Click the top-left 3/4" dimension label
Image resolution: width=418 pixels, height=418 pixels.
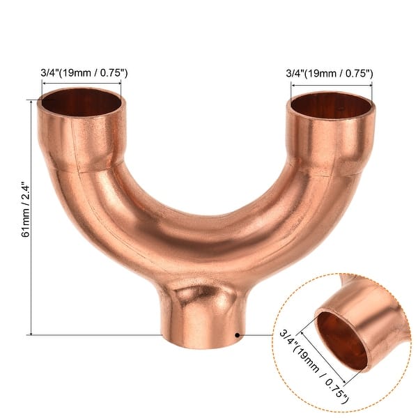tap(83, 72)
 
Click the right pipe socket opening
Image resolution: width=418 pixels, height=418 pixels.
tap(331, 104)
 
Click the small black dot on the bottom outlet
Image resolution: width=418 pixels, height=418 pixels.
tap(238, 334)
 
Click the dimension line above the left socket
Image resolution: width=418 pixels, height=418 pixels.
tap(81, 84)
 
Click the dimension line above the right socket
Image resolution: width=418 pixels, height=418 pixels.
tap(331, 84)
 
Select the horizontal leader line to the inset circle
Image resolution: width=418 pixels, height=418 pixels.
tap(258, 334)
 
